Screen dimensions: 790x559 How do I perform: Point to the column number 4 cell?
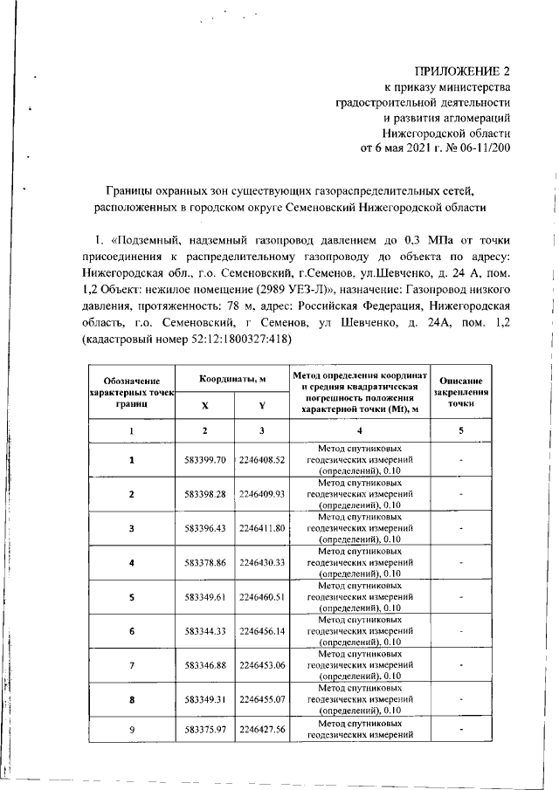[359, 430]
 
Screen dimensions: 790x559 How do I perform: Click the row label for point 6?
[132, 630]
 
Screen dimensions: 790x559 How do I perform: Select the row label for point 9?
[132, 730]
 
